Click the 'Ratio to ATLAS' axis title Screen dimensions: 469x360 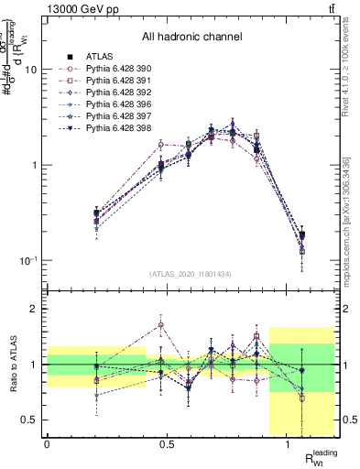click(14, 365)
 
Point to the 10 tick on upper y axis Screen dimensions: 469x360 click(31, 71)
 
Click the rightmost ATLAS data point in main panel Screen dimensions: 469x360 click(303, 236)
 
